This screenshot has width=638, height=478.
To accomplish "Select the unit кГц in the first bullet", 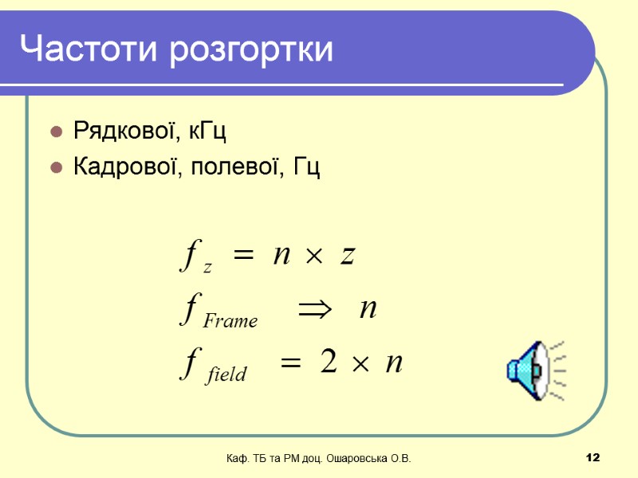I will coord(209,131).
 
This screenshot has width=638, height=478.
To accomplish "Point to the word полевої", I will coord(238,169).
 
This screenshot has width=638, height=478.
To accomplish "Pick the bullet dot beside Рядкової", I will coord(57,131).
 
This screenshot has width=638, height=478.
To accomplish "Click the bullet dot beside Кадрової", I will coord(57,168).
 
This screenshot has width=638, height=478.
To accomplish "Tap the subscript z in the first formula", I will coord(207,268).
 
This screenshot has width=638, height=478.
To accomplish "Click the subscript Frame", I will coord(230,321).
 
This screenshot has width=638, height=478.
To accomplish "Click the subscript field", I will coord(226,374).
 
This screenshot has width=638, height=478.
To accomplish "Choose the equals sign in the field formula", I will coord(290,364).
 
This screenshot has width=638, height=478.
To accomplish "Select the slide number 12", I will coord(592,458).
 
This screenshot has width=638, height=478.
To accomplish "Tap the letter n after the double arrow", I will coord(368,309).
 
